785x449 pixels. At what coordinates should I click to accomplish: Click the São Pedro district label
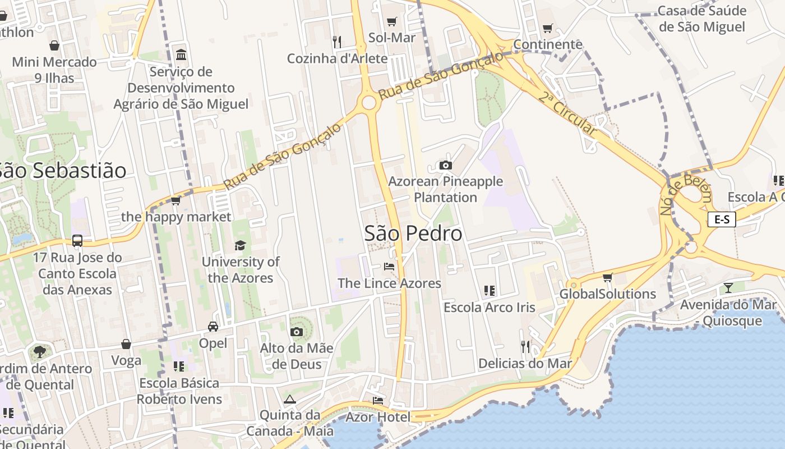[x=413, y=233]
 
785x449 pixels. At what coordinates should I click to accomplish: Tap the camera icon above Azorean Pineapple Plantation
[x=446, y=165]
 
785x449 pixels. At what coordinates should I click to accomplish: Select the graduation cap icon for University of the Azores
[x=240, y=245]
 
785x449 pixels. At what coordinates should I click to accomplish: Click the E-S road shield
[x=721, y=219]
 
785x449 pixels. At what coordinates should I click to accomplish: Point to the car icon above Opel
[x=213, y=327]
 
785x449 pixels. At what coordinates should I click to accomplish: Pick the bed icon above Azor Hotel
[x=378, y=400]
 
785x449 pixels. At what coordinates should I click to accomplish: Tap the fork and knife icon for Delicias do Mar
[x=525, y=347]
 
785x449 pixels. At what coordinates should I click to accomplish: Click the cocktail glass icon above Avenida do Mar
[x=728, y=288]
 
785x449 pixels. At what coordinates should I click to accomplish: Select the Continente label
[x=548, y=44]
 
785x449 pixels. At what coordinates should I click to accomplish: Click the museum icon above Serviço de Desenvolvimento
[x=181, y=55]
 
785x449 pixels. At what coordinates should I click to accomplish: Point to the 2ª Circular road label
[x=567, y=114]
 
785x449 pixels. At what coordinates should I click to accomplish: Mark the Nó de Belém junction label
[x=686, y=194]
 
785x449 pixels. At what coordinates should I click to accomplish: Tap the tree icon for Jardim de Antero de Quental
[x=39, y=352]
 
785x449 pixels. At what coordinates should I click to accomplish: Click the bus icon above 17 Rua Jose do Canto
[x=77, y=241]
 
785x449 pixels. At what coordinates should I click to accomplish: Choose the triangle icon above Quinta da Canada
[x=289, y=400]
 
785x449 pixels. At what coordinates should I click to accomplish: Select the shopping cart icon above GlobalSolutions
[x=607, y=277]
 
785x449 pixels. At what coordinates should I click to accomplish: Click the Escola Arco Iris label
[x=489, y=308]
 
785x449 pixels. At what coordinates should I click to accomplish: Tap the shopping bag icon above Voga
[x=126, y=344]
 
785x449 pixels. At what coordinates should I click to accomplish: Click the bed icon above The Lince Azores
[x=389, y=266]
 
